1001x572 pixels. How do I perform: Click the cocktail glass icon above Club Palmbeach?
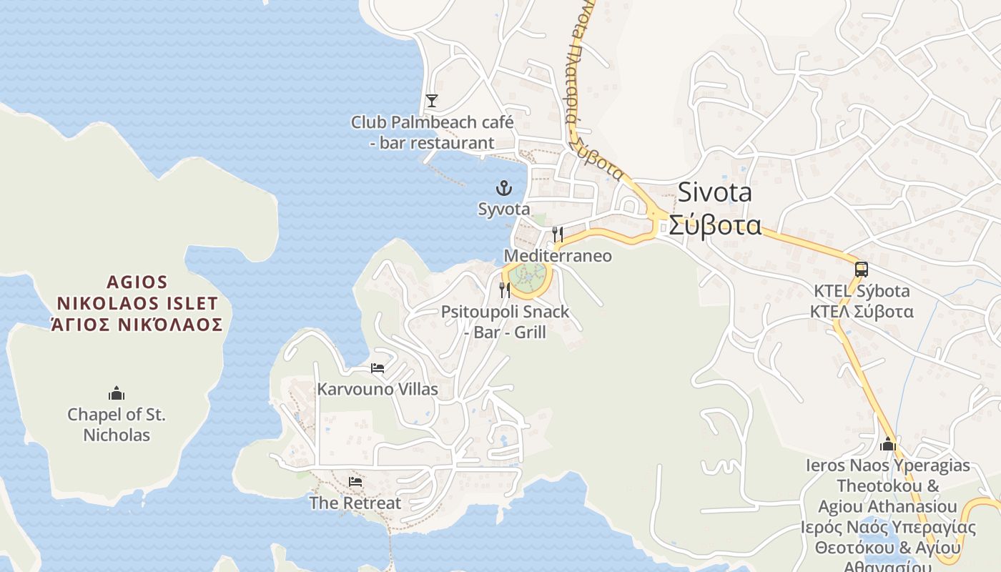pyautogui.click(x=431, y=100)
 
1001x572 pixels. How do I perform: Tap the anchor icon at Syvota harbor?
pyautogui.click(x=504, y=189)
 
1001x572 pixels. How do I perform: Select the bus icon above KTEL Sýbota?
pyautogui.click(x=861, y=270)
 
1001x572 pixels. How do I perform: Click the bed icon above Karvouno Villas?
pyautogui.click(x=378, y=368)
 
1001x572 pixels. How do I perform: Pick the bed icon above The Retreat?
pyautogui.click(x=355, y=482)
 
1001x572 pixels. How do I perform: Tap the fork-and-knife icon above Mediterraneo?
pyautogui.click(x=558, y=234)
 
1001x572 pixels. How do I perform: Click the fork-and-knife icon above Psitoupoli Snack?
pyautogui.click(x=505, y=290)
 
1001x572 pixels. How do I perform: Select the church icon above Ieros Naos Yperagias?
pyautogui.click(x=888, y=444)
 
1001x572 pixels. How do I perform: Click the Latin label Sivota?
pyautogui.click(x=714, y=192)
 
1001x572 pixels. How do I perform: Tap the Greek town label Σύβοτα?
pyautogui.click(x=714, y=225)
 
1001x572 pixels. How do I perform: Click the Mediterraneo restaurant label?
pyautogui.click(x=558, y=256)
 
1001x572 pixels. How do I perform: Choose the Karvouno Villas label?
pyautogui.click(x=378, y=390)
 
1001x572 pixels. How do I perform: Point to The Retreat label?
pyautogui.click(x=355, y=503)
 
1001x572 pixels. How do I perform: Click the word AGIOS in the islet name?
pyautogui.click(x=137, y=283)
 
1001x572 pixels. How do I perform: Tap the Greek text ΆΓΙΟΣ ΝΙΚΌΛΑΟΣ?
pyautogui.click(x=137, y=325)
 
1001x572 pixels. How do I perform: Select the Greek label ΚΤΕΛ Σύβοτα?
pyautogui.click(x=861, y=312)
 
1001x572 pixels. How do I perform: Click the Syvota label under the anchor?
pyautogui.click(x=504, y=209)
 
